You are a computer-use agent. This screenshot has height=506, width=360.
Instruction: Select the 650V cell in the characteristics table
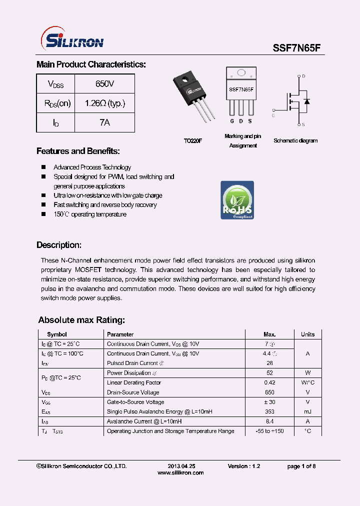[x=104, y=84]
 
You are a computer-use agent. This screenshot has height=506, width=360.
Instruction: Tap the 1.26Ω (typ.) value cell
[x=104, y=103]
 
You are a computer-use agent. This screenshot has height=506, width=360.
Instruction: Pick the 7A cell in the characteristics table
[x=104, y=122]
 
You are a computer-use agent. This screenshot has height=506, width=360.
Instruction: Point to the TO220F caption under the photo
[x=192, y=141]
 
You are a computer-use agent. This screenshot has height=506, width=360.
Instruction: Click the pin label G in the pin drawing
[x=232, y=121]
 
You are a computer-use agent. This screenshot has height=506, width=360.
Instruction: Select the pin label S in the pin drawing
[x=250, y=121]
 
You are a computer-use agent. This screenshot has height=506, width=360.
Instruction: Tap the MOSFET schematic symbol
[x=297, y=100]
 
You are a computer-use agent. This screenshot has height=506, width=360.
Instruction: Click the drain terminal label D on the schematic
[x=303, y=76]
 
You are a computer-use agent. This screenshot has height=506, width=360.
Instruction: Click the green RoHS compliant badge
[x=237, y=200]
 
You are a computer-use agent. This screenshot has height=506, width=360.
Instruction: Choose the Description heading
[x=59, y=245]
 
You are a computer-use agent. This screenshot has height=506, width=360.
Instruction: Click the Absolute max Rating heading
[x=81, y=320]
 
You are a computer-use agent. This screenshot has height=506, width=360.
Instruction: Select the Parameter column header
[x=120, y=334]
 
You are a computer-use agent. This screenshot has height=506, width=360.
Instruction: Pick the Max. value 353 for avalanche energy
[x=269, y=411]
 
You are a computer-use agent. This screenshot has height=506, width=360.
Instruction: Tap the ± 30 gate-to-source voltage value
[x=269, y=402]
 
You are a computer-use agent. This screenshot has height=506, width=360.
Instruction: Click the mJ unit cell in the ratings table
[x=307, y=411]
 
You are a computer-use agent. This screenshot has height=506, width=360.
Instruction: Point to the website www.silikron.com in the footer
[x=180, y=472]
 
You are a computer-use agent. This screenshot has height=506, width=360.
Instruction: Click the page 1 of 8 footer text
[x=301, y=466]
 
